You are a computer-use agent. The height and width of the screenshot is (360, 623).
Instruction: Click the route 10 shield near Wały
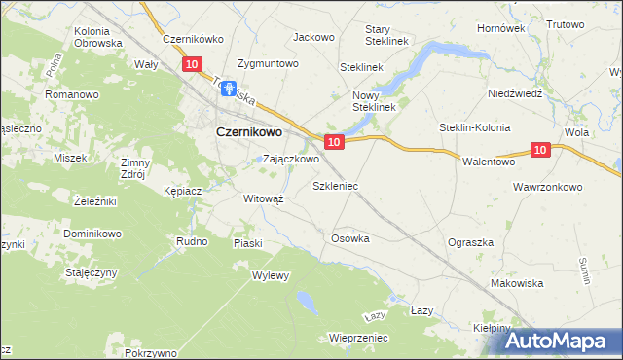pos(192,64)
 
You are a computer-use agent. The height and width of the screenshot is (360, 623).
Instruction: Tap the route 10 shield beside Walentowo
pos(542,149)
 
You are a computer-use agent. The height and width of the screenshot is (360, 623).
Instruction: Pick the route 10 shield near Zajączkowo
pos(333,142)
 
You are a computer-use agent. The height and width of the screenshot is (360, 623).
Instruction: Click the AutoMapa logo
pos(563,341)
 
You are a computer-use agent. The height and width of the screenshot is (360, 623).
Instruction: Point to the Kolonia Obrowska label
pos(97,37)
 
